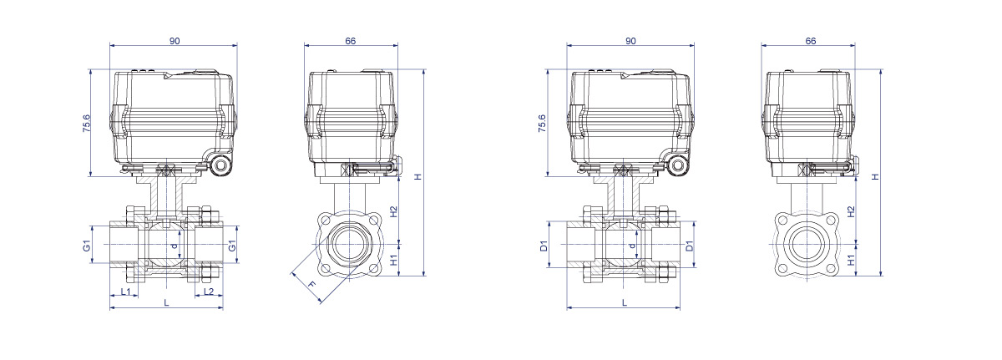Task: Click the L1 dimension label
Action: click(x=126, y=292)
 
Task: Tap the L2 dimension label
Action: click(x=209, y=292)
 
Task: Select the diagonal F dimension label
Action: click(x=311, y=285)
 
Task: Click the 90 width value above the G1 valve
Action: click(x=175, y=41)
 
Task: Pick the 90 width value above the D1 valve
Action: click(x=630, y=41)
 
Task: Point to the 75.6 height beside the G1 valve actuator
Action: click(x=86, y=124)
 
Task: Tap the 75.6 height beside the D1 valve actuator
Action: click(x=542, y=124)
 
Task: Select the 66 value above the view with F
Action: click(x=350, y=41)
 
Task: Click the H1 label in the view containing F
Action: click(x=393, y=261)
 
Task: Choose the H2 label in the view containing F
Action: click(x=393, y=211)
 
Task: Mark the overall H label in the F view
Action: click(x=418, y=176)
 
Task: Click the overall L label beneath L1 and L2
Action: click(x=166, y=302)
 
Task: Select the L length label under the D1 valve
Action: click(x=625, y=302)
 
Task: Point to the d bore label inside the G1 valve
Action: click(x=175, y=246)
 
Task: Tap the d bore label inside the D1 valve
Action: click(x=631, y=246)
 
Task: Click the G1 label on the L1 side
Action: click(x=87, y=246)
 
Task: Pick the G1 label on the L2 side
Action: click(x=232, y=246)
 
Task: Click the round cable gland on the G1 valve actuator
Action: click(x=222, y=165)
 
